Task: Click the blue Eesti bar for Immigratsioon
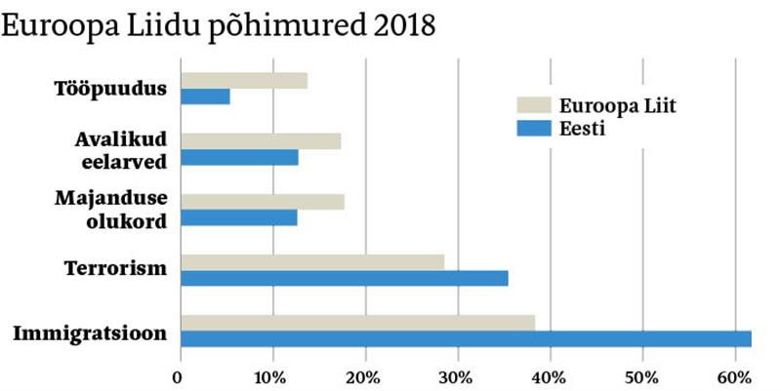(466, 338)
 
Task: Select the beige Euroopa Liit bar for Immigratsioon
(357, 323)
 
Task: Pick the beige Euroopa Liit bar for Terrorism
(312, 262)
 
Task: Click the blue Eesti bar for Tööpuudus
(205, 97)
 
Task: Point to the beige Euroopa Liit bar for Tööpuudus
(244, 81)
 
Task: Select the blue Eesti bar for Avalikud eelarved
(239, 157)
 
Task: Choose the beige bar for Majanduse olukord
(263, 202)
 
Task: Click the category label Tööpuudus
(110, 89)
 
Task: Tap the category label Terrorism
(115, 268)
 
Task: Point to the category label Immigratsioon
(90, 334)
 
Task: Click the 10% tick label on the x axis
(271, 376)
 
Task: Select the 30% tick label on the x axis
(457, 376)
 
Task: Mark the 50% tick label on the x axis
(642, 376)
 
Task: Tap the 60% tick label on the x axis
(735, 376)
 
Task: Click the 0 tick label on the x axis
(179, 376)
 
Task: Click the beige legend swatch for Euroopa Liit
(533, 105)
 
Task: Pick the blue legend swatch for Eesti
(533, 129)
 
